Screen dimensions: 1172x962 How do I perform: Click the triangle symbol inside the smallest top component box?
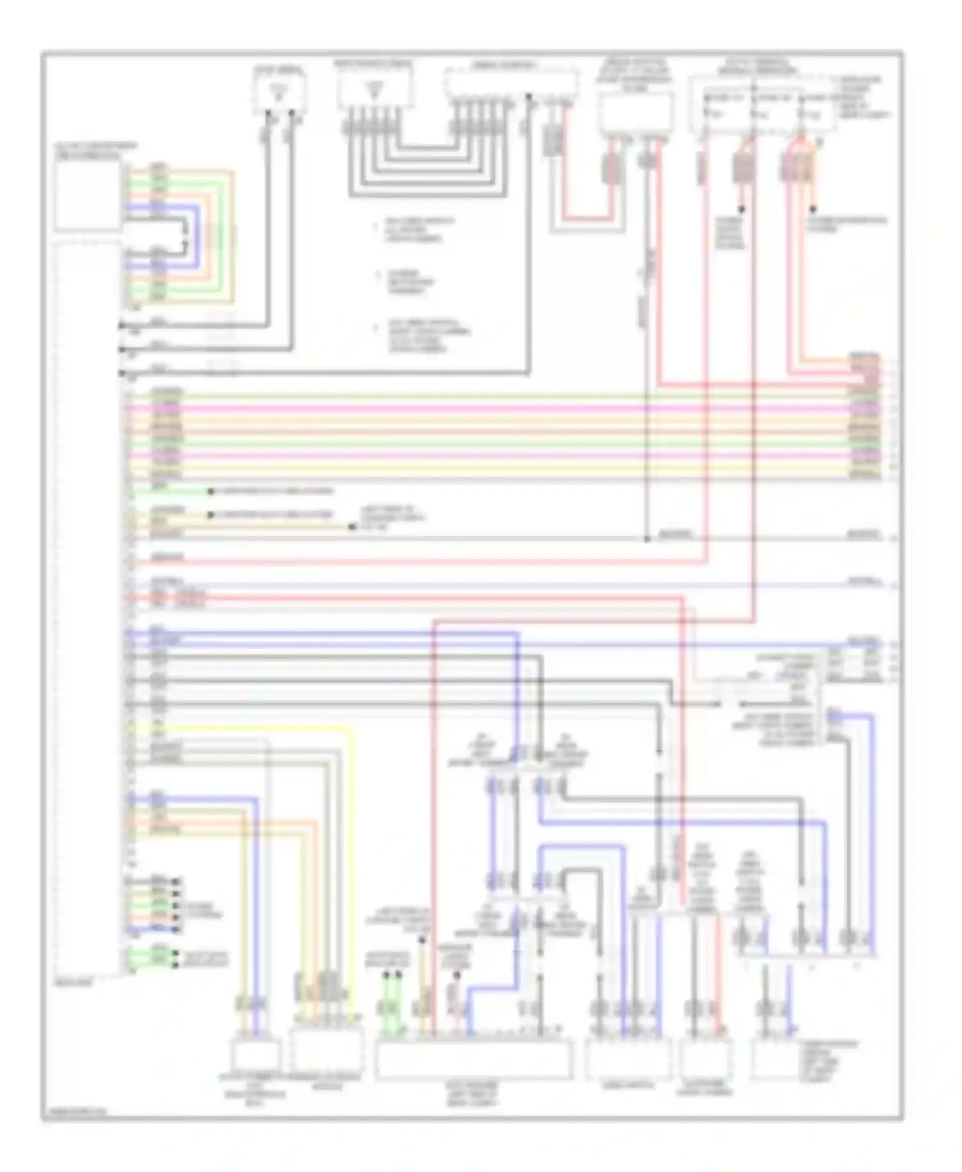278,92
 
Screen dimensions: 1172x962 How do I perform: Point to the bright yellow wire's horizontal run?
257,728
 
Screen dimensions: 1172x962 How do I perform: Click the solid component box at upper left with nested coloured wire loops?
88,195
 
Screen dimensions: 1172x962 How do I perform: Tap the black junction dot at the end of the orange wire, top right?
813,210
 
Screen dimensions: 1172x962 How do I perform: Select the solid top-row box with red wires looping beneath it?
636,113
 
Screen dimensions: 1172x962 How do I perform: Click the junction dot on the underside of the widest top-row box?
528,97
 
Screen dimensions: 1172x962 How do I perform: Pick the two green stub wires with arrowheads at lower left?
152,959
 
